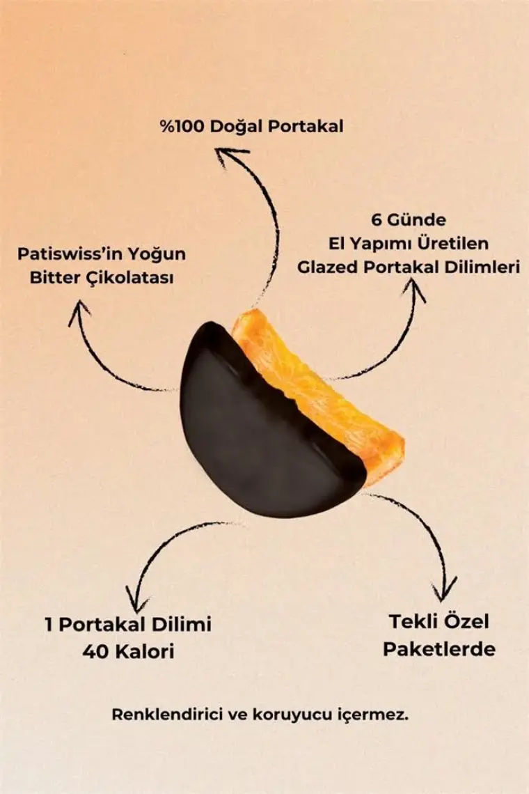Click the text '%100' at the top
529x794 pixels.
tap(182, 126)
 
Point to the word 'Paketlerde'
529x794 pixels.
tap(439, 648)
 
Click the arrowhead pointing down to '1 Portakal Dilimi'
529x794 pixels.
tap(134, 602)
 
